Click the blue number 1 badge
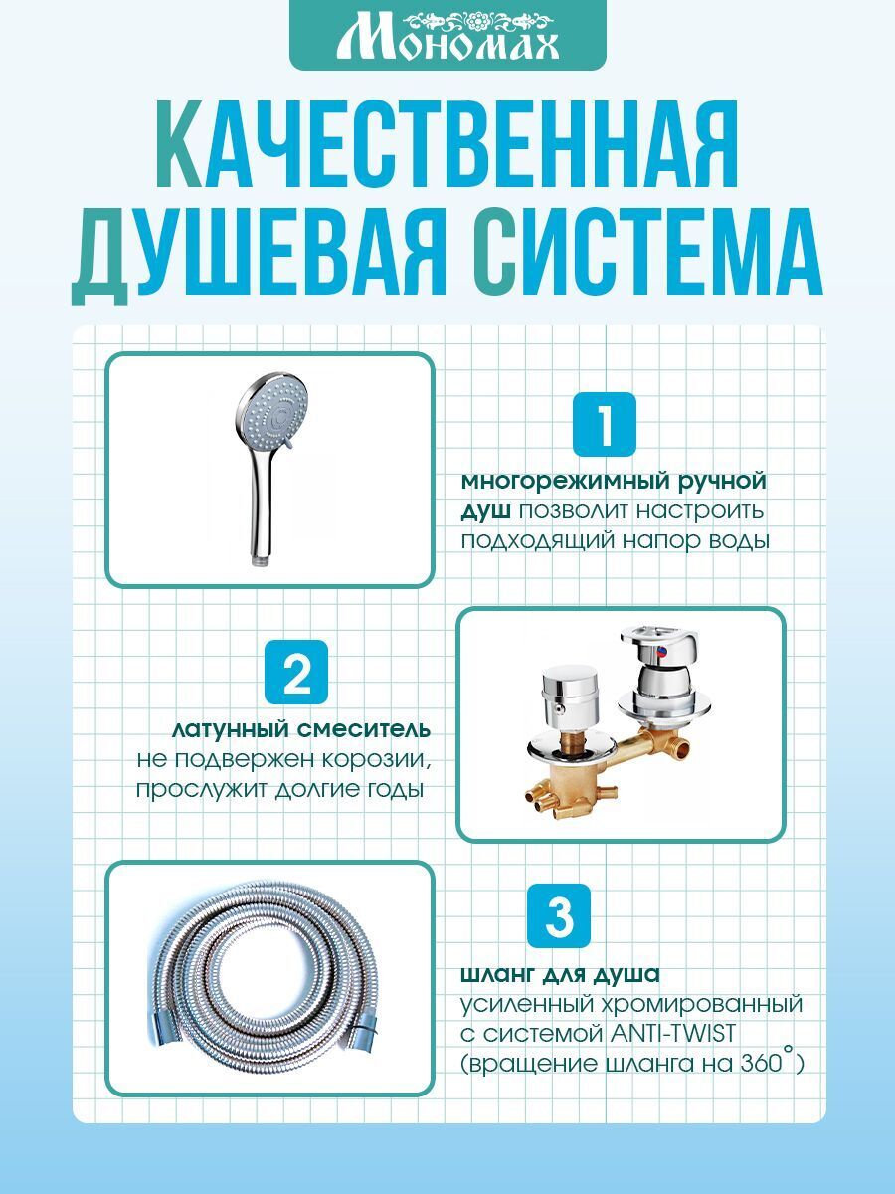[x=605, y=424]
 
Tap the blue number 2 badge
[x=296, y=672]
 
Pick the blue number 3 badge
[x=559, y=916]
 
